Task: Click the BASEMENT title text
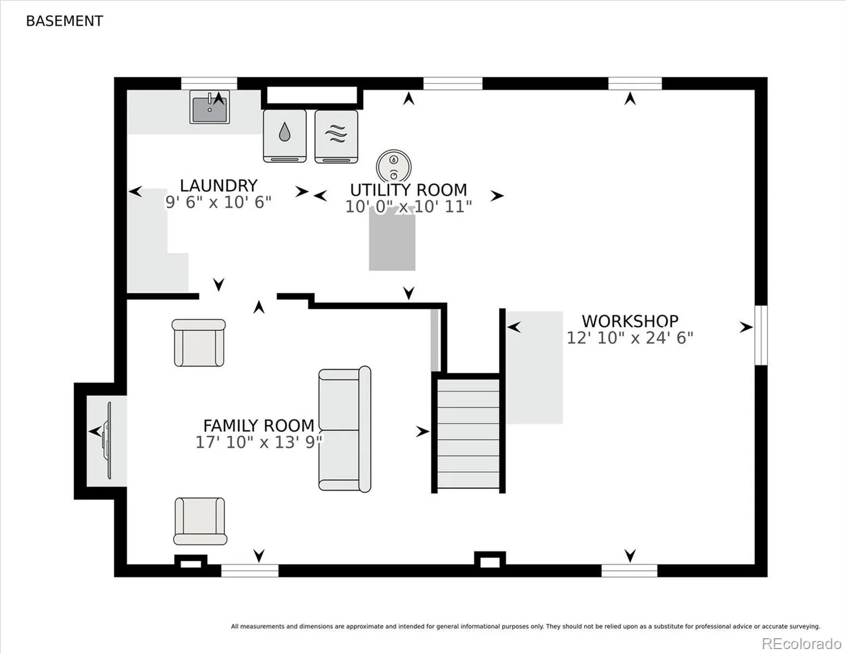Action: [x=64, y=21]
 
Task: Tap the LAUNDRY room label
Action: [x=218, y=185]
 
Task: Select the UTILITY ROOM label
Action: [x=409, y=190]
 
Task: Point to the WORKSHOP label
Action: [x=630, y=322]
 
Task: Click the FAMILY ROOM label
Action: [x=259, y=426]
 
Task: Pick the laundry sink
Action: [x=209, y=107]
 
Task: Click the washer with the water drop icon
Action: [x=284, y=136]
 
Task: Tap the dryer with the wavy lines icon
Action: [x=336, y=136]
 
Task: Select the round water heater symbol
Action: [x=394, y=166]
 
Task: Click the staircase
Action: [x=468, y=433]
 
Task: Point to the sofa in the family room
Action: [x=344, y=429]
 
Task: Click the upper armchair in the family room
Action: [x=198, y=343]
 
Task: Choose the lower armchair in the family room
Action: [x=200, y=521]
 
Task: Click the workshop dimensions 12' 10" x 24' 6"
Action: [x=630, y=338]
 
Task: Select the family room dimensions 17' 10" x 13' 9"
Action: [x=259, y=443]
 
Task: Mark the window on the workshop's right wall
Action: [x=761, y=335]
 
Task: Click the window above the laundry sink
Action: [x=209, y=84]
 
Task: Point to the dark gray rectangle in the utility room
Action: [x=392, y=243]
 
